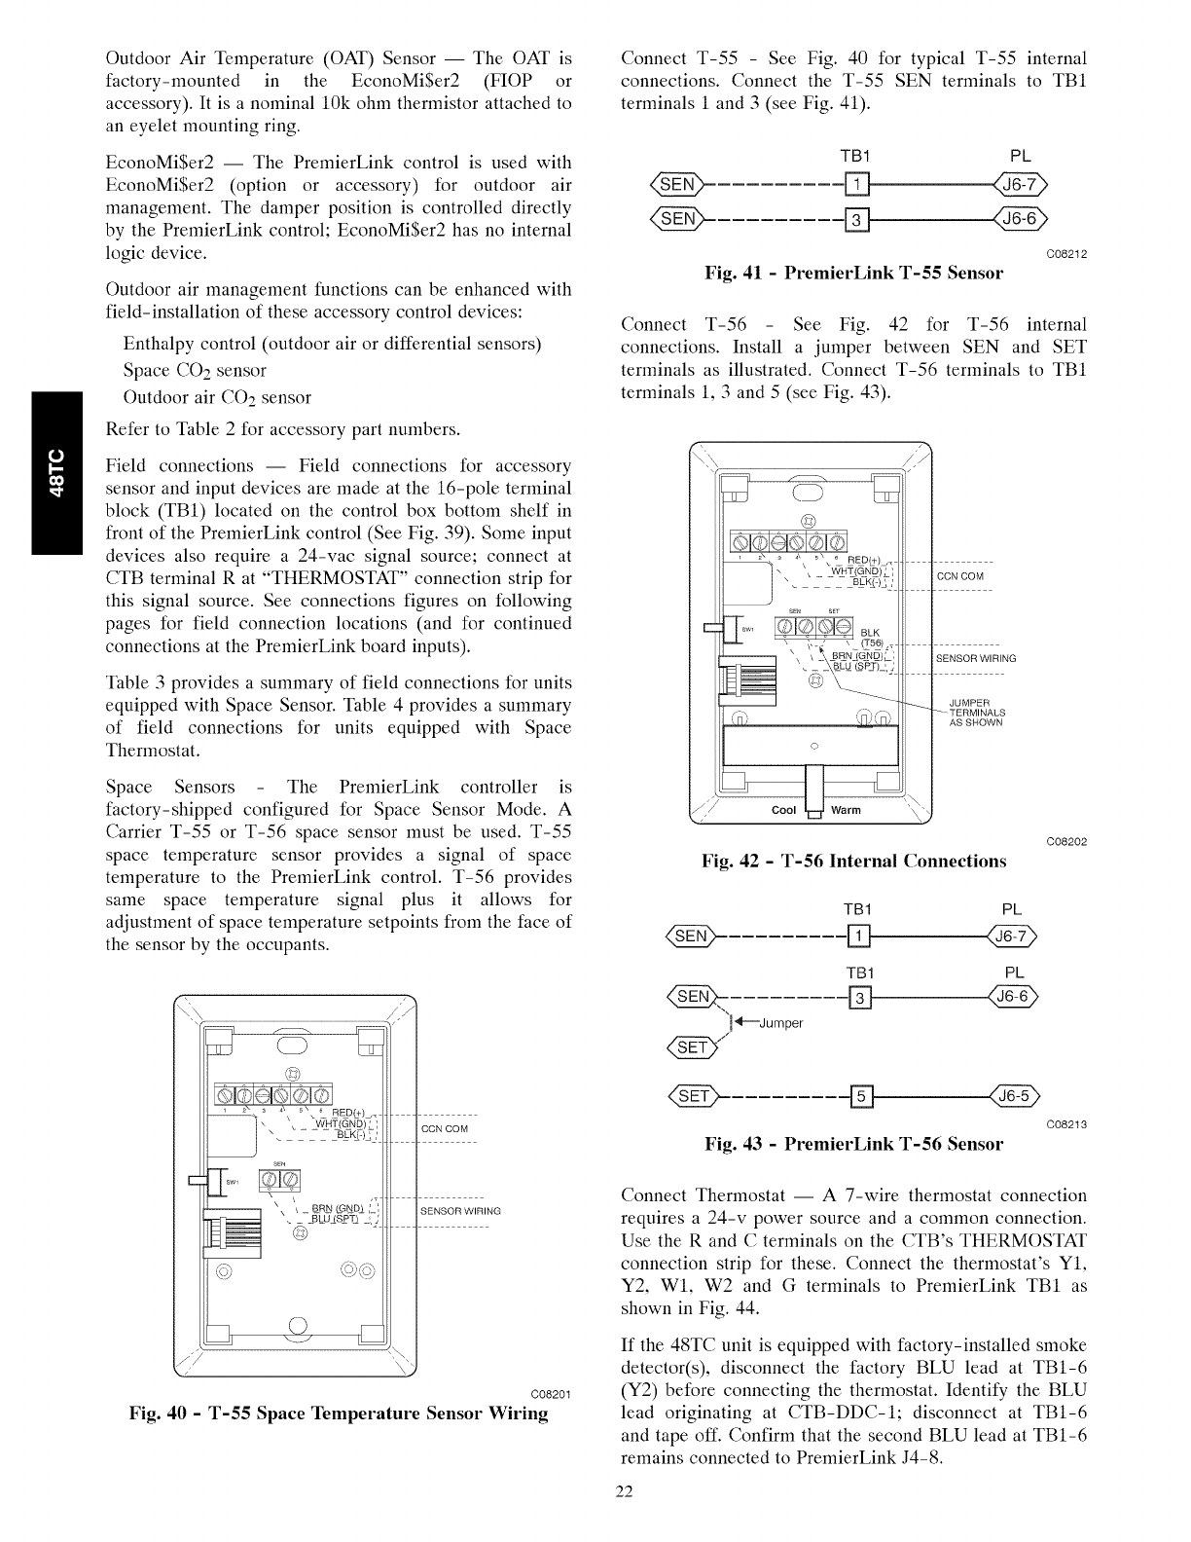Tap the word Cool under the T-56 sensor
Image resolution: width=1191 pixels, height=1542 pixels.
[x=783, y=810]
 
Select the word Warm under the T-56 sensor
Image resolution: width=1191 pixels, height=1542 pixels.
[x=846, y=810]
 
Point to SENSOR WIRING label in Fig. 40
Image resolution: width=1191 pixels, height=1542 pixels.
[x=460, y=1211]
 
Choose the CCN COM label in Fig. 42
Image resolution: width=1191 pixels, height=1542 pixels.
[x=960, y=576]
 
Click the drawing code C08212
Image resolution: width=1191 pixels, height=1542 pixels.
[x=1065, y=254]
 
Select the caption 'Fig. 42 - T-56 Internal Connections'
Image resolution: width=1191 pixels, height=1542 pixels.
[x=853, y=861]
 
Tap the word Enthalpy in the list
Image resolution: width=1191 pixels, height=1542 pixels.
[x=158, y=344]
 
